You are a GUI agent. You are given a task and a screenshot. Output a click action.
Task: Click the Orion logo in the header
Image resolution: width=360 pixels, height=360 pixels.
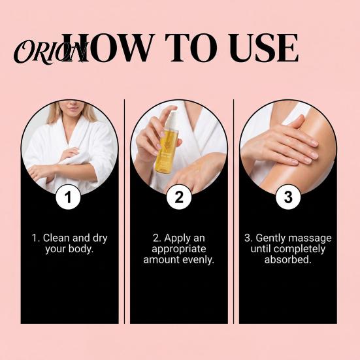tap(50, 52)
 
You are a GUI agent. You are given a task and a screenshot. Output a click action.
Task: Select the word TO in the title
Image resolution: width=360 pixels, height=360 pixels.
tap(191, 48)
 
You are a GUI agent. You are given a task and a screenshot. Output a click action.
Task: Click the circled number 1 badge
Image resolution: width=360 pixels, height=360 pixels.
tap(68, 197)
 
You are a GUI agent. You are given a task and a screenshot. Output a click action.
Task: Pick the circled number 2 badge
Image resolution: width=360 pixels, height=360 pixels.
tap(179, 197)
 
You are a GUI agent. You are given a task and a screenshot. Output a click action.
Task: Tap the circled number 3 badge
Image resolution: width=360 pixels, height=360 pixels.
tap(288, 197)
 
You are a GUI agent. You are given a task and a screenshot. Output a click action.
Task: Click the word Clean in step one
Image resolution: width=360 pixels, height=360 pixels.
tap(56, 238)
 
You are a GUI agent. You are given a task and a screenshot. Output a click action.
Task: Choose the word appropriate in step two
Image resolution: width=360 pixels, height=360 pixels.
tap(179, 250)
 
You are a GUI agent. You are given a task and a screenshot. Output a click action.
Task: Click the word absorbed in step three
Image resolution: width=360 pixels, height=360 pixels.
tap(287, 259)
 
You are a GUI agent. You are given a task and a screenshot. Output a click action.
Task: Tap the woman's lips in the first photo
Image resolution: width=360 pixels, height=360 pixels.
tap(73, 108)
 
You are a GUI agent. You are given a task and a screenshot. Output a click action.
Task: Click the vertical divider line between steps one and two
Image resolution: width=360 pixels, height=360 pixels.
tap(124, 212)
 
